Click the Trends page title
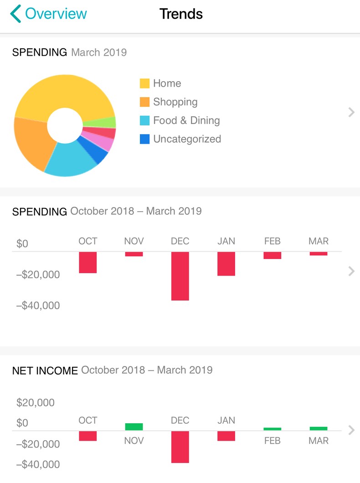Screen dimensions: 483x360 181,14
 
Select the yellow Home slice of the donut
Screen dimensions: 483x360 64,93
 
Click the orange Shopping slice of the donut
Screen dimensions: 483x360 32,141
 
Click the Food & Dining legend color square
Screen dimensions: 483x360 144,121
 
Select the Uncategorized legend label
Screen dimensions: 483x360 187,139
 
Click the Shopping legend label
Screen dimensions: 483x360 175,102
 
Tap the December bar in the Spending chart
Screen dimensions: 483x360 180,276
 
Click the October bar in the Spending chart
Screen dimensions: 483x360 88,262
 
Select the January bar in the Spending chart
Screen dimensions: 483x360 226,264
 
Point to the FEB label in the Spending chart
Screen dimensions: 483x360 272,241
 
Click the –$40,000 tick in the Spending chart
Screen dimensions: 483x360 38,306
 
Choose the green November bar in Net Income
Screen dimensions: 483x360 134,427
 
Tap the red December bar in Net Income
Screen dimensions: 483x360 180,447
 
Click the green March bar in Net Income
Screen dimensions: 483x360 319,429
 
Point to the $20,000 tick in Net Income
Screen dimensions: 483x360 35,403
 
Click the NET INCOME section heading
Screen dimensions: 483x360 45,370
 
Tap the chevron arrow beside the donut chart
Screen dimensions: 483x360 351,112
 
